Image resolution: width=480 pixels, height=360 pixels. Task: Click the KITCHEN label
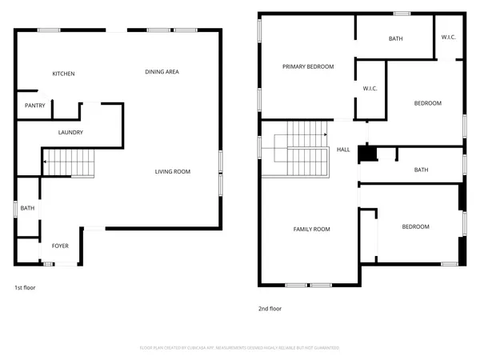pyautogui.click(x=64, y=74)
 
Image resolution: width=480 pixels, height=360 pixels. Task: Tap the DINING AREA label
pyautogui.click(x=162, y=72)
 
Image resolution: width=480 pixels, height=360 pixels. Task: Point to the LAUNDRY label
pyautogui.click(x=70, y=132)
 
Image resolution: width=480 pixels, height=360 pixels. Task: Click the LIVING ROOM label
pyautogui.click(x=172, y=171)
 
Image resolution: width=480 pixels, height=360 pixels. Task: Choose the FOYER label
pyautogui.click(x=61, y=246)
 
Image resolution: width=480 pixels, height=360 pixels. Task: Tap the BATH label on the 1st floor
pyautogui.click(x=27, y=209)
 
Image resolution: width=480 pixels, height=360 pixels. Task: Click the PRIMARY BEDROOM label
pyautogui.click(x=308, y=66)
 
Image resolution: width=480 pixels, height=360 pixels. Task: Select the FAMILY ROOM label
pyautogui.click(x=310, y=230)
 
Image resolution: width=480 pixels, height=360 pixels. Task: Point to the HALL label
pyautogui.click(x=343, y=150)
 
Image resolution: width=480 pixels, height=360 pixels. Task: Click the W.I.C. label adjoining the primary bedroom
pyautogui.click(x=370, y=88)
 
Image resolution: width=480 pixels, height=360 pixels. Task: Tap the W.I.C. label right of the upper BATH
pyautogui.click(x=449, y=38)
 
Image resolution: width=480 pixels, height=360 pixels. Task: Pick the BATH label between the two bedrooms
pyautogui.click(x=421, y=170)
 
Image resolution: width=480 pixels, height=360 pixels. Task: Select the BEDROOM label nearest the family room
pyautogui.click(x=414, y=226)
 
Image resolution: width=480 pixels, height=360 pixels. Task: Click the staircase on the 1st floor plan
pyautogui.click(x=69, y=163)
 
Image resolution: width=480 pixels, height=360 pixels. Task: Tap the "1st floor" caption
pyautogui.click(x=25, y=286)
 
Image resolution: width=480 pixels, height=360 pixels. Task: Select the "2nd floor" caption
pyautogui.click(x=269, y=308)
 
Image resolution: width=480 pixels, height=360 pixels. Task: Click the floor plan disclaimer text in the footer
pyautogui.click(x=239, y=348)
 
